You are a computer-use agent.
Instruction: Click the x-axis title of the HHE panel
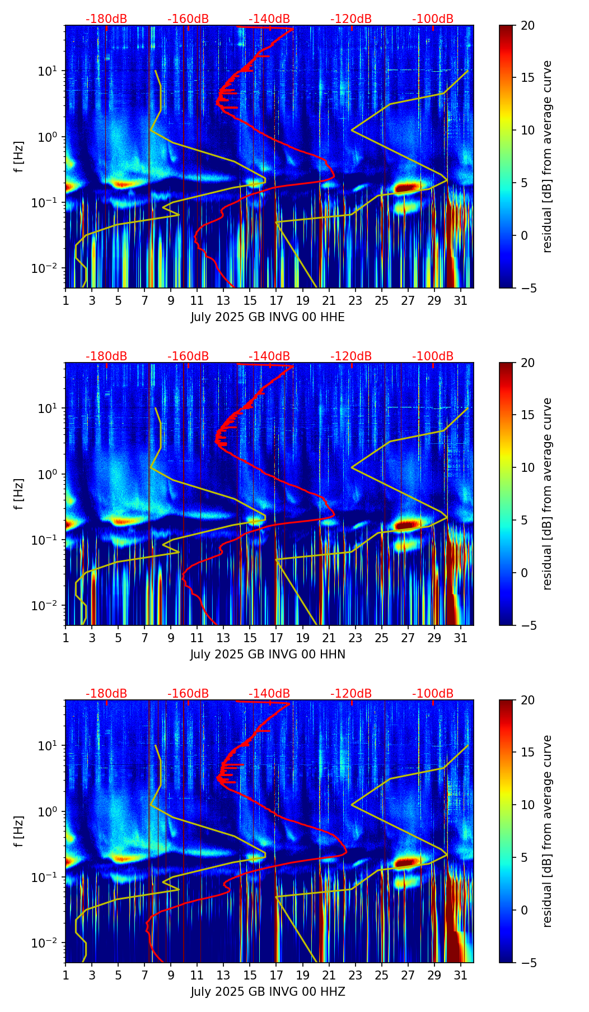coord(268,317)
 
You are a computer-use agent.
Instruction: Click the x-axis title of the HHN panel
coord(268,654)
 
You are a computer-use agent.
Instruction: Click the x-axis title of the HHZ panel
coord(268,992)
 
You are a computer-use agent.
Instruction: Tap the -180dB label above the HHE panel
coord(106,19)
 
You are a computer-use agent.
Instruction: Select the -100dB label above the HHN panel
coord(433,356)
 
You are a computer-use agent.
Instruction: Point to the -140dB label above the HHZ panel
coord(269,694)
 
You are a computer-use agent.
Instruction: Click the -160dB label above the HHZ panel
coord(188,694)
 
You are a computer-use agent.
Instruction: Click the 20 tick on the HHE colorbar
coord(528,26)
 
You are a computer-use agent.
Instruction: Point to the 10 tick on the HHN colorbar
coord(528,467)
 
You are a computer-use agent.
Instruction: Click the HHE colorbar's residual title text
coord(547,156)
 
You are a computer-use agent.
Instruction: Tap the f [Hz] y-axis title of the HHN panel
coord(19,494)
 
